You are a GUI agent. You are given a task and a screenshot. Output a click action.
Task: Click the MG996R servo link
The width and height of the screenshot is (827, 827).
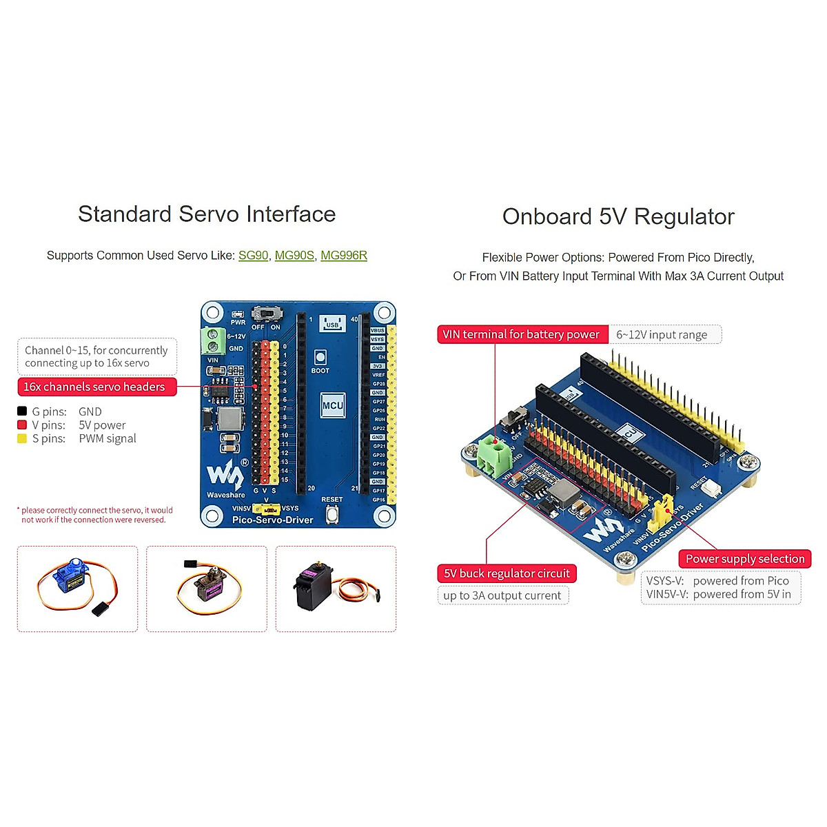(344, 256)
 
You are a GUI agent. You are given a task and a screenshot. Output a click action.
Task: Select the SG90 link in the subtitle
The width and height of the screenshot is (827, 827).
(253, 256)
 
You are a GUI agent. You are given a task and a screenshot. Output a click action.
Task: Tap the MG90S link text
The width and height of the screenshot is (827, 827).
(294, 256)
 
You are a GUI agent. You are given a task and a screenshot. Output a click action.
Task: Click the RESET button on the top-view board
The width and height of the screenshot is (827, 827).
(332, 513)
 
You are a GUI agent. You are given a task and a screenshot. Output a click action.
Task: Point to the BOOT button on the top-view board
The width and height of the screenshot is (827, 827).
(320, 357)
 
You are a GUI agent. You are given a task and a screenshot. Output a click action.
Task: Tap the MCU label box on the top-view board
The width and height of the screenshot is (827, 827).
(333, 405)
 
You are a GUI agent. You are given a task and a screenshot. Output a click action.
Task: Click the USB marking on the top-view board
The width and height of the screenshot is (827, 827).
(332, 323)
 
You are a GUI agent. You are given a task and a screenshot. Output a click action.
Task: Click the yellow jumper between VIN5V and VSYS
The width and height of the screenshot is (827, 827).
(266, 509)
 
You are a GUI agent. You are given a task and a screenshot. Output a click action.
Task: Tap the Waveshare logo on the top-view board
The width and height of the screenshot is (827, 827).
(225, 476)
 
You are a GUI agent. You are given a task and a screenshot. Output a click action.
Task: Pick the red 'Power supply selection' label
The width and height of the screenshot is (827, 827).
(745, 559)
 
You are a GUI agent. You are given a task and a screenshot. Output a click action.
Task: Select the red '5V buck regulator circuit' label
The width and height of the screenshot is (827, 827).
(507, 573)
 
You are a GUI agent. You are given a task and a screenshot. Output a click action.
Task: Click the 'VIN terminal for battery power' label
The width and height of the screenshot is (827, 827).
(522, 334)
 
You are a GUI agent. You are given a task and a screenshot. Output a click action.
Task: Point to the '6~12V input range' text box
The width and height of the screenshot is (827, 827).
(663, 335)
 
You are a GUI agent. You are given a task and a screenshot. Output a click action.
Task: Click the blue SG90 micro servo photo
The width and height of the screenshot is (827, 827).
(76, 586)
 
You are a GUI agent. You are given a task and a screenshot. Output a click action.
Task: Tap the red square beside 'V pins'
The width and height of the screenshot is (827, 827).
(22, 425)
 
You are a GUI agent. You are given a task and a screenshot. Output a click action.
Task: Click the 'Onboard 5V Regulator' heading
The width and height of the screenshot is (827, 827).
(618, 216)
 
